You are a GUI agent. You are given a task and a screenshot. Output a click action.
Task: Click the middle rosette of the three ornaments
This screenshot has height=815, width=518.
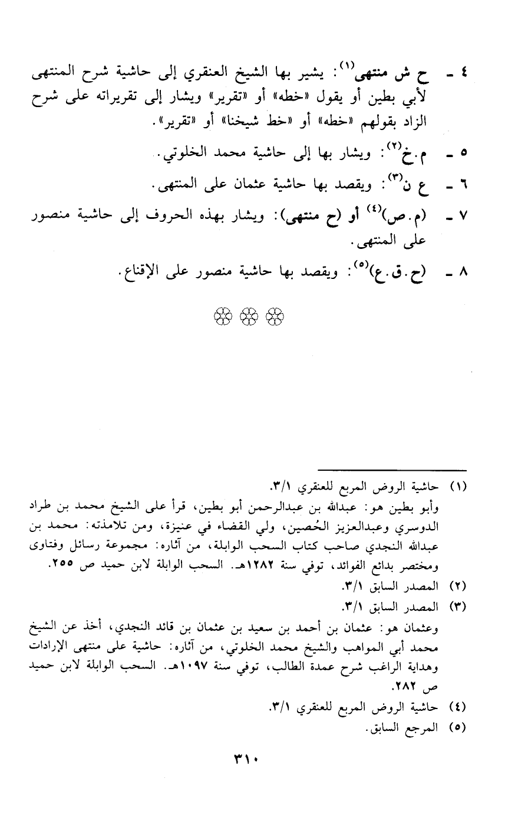point(249,317)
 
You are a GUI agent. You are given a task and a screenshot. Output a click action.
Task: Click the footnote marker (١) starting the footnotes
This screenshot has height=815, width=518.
point(457,488)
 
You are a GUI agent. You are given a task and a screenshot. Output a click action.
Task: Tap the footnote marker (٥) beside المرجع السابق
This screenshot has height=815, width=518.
point(457,727)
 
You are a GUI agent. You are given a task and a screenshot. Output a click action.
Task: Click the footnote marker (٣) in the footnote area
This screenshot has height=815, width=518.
point(457,606)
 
